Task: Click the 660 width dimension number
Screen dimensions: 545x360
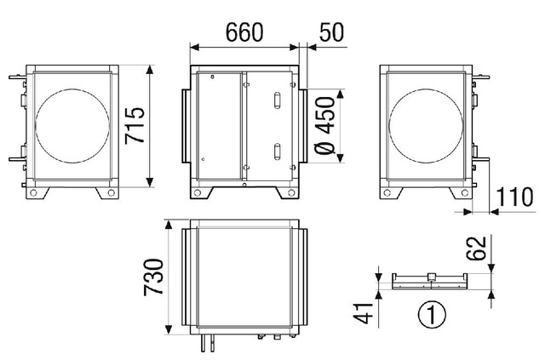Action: (x=244, y=32)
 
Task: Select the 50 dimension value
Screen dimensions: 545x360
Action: (x=332, y=32)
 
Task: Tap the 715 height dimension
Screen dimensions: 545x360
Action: (x=135, y=125)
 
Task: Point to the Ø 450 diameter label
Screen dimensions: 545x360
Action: (x=325, y=125)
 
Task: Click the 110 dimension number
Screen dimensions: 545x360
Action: (x=514, y=197)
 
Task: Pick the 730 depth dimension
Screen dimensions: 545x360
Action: (x=153, y=277)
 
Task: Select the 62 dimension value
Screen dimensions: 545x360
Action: (x=476, y=249)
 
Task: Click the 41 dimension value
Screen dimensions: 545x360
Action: (x=364, y=313)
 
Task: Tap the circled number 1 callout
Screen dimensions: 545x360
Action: (x=432, y=315)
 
